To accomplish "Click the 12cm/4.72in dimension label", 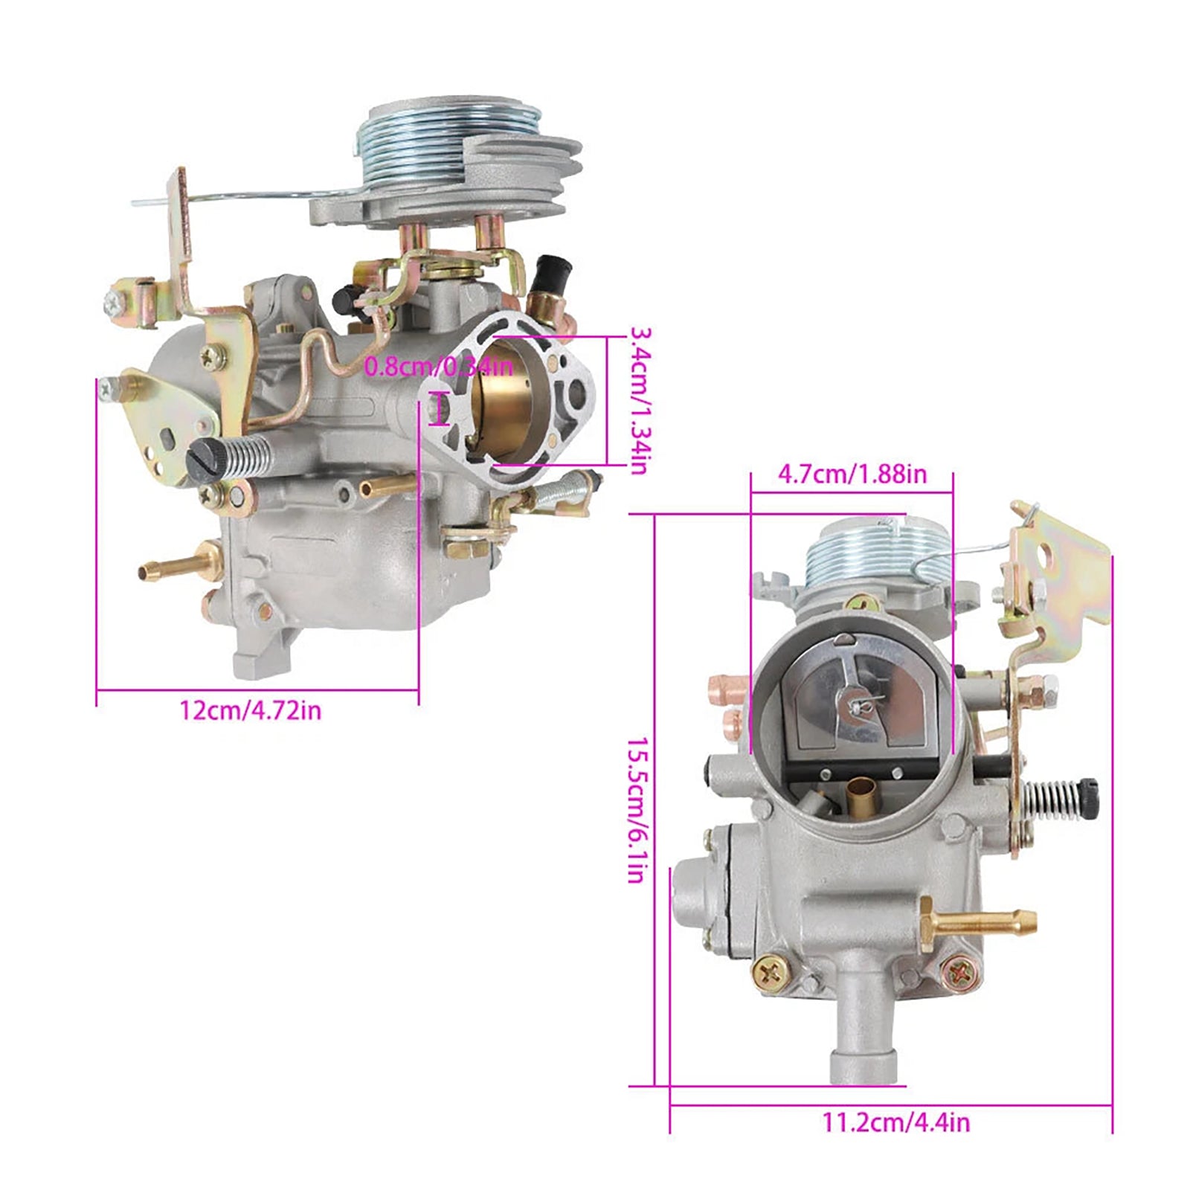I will coord(250,710).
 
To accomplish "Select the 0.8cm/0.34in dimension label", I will coord(438,366).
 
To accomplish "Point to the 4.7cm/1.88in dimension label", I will coord(852,474).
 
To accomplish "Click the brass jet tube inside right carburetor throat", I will coord(861,795).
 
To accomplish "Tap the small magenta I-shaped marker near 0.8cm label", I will coord(439,409).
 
